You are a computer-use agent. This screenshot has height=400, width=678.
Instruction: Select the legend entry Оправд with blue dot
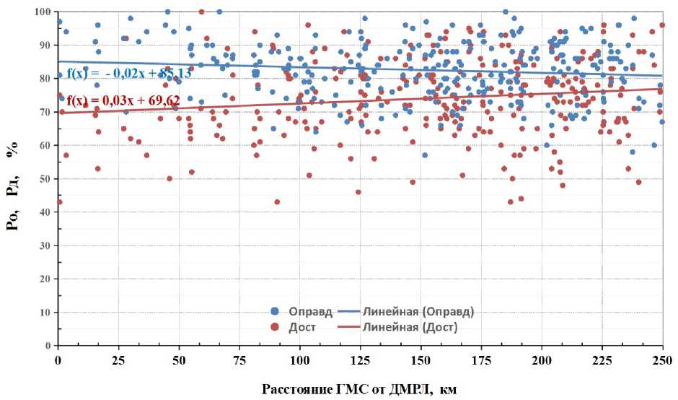(304, 312)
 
